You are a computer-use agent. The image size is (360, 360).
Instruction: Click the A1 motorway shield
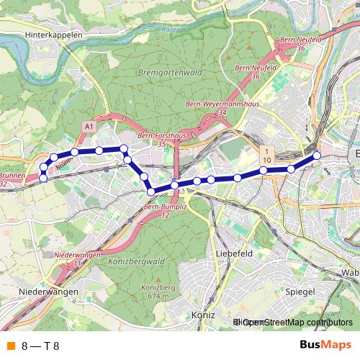tap(89, 126)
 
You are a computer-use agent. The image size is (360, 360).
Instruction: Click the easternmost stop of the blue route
tap(317, 156)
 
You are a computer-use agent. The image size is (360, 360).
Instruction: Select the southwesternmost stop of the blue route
tap(42, 177)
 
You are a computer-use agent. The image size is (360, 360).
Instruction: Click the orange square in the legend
tap(10, 346)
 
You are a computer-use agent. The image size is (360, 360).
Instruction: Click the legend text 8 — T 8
tap(40, 346)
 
